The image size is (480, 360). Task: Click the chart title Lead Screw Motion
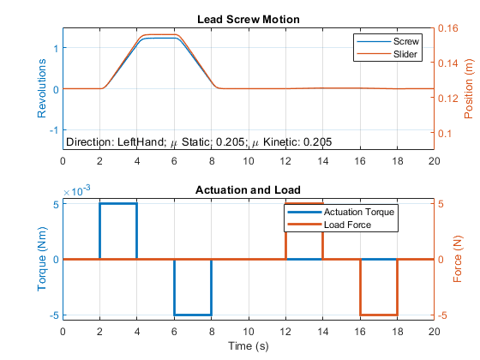pyautogui.click(x=249, y=20)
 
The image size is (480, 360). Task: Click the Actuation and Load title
pyautogui.click(x=248, y=190)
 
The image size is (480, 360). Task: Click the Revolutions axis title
pyautogui.click(x=42, y=88)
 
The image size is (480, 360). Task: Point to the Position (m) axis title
pyautogui.click(x=468, y=89)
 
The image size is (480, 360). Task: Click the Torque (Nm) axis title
pyautogui.click(x=42, y=259)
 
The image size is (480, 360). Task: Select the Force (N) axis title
pyautogui.click(x=458, y=259)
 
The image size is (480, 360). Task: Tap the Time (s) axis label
pyautogui.click(x=249, y=346)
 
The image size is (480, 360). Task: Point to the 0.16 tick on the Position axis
pyautogui.click(x=447, y=28)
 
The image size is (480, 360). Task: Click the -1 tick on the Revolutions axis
pyautogui.click(x=54, y=130)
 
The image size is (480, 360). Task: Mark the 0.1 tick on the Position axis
pyautogui.click(x=445, y=134)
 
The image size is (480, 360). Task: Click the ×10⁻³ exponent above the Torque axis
pyautogui.click(x=76, y=191)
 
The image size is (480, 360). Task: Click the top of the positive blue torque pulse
pyautogui.click(x=118, y=204)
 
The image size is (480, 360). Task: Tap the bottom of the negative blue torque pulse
pyautogui.click(x=193, y=315)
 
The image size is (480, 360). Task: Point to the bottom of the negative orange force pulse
pyautogui.click(x=379, y=315)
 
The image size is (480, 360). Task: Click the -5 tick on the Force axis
pyautogui.click(x=442, y=315)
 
